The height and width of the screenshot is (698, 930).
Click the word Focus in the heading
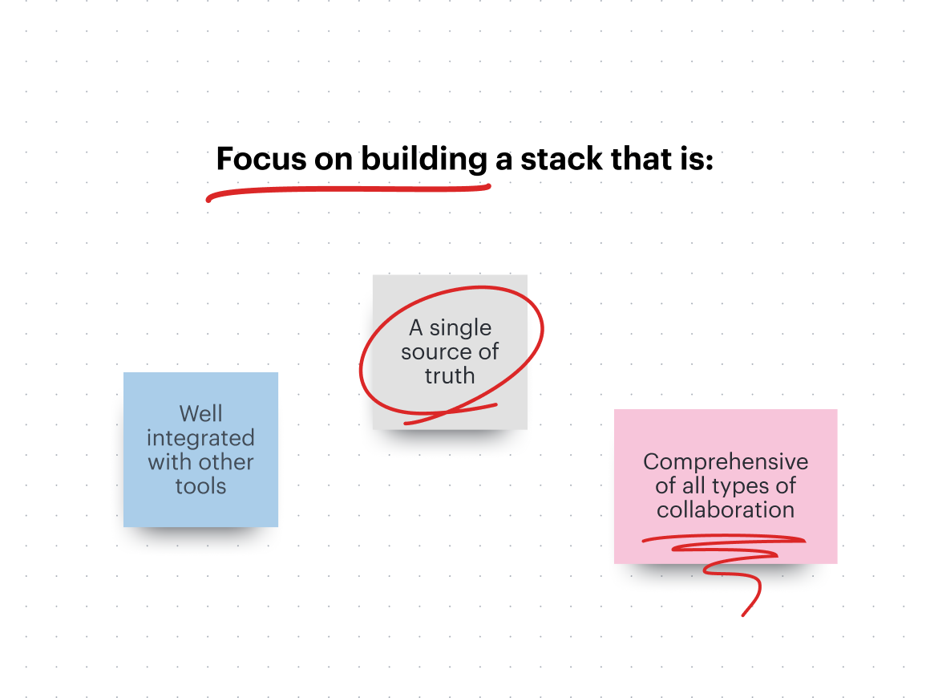(261, 159)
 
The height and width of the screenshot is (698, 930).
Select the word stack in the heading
(561, 159)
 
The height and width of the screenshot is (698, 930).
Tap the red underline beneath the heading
(349, 190)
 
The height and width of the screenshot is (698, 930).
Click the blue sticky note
(200, 449)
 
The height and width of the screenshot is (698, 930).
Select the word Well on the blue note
(201, 414)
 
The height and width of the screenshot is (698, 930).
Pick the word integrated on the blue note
(200, 439)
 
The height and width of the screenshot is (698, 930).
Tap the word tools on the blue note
(200, 486)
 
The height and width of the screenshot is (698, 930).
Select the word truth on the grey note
(450, 375)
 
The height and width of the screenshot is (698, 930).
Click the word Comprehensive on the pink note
(726, 463)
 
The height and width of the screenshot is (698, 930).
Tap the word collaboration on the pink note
(726, 509)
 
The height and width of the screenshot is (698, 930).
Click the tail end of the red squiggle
(742, 615)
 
